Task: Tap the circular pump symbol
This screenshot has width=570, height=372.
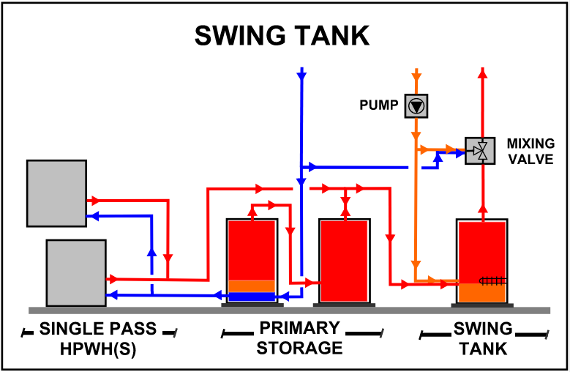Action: [x=416, y=106]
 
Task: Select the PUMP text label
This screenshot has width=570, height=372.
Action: [x=378, y=105]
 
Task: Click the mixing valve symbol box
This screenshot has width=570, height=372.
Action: [x=479, y=152]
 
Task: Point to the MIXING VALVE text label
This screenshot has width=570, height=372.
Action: [x=530, y=151]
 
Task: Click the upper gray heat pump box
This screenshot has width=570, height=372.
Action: [x=56, y=193]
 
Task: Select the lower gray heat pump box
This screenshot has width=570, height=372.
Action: [x=76, y=272]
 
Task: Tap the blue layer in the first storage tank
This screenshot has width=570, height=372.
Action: [x=251, y=297]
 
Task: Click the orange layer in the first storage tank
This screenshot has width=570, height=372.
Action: [x=251, y=286]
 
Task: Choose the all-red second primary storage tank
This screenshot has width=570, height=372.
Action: [x=344, y=260]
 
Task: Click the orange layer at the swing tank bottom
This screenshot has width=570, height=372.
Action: [x=482, y=292]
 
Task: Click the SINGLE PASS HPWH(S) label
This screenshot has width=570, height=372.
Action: [x=98, y=338]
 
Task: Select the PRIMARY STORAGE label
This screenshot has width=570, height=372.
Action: [x=300, y=338]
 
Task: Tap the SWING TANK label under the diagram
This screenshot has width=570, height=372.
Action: [x=483, y=338]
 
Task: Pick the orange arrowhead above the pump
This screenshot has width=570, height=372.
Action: [x=416, y=75]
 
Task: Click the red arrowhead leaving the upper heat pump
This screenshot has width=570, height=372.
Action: [x=93, y=199]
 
